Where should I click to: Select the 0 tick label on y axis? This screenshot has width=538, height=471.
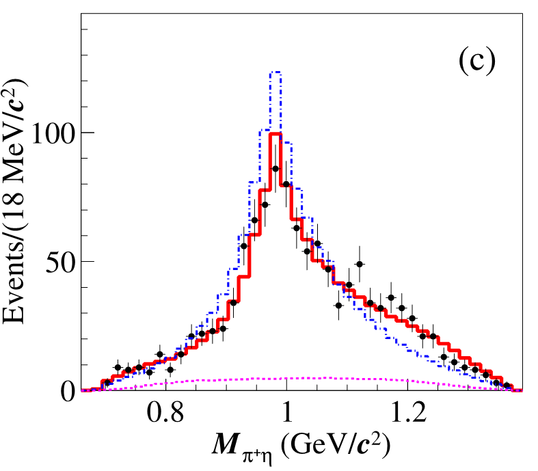pos(68,390)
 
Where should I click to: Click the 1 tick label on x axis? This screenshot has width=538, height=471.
pos(287,415)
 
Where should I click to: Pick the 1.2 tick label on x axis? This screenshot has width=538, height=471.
pos(407,415)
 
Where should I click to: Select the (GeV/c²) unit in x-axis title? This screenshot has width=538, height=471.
pos(334,446)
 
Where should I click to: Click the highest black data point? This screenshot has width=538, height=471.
pos(275,168)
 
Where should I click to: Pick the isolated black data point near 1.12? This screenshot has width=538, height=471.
pos(360,264)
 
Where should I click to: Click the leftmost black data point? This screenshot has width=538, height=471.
pos(107,382)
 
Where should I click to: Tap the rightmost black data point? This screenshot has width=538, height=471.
pos(507,386)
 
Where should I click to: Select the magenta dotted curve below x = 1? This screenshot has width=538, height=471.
pos(287,378)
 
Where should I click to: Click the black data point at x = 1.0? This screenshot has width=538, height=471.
pos(286,184)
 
